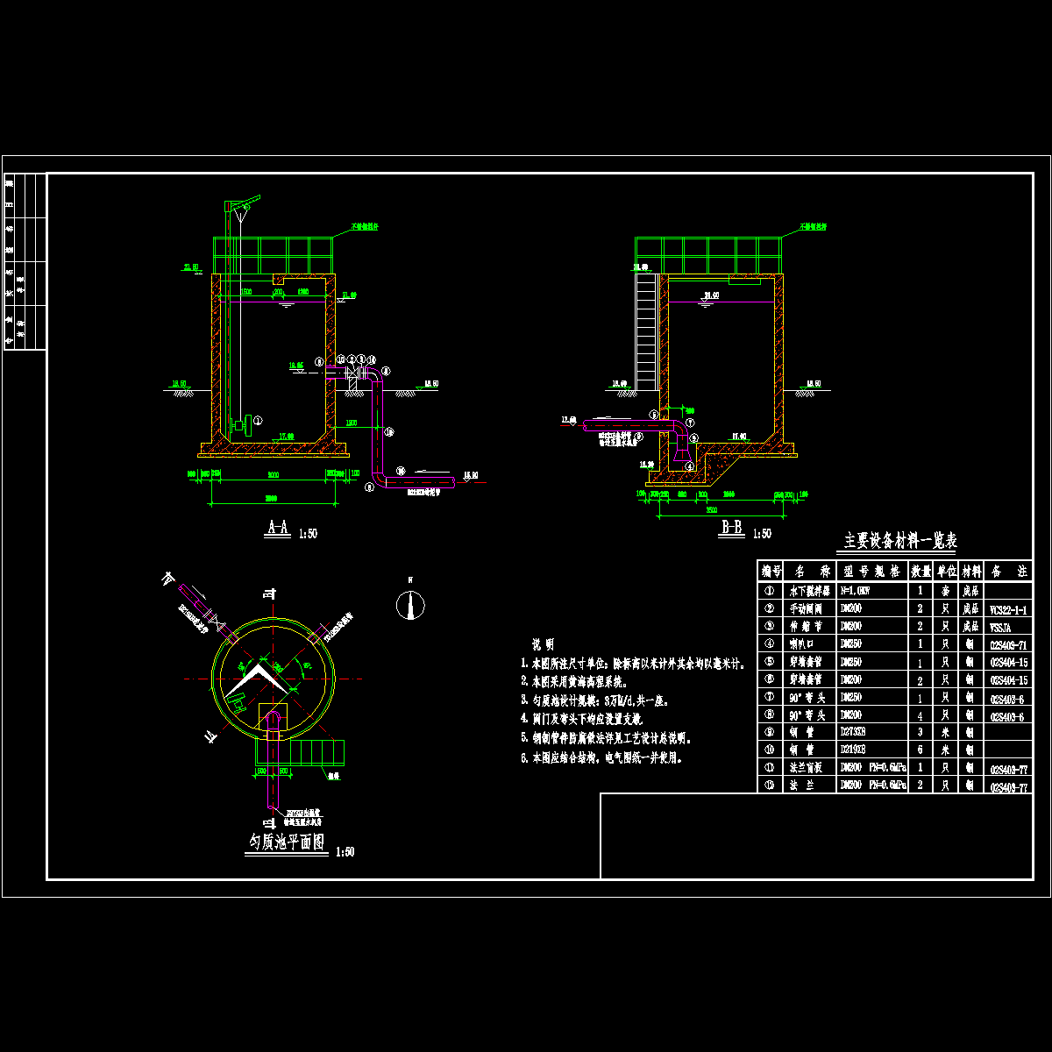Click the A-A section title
pos(278,528)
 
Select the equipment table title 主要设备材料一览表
pos(900,541)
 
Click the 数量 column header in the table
pos(920,572)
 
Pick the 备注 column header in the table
pos(1008,572)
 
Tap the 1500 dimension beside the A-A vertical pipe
pos(351,423)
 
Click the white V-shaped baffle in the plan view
pos(263,672)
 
